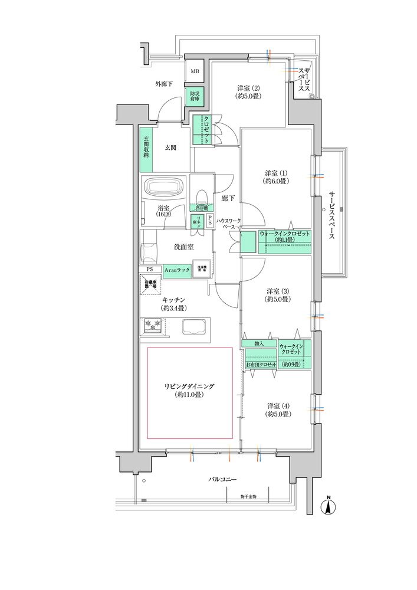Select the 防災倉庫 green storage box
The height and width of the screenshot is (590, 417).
click(x=194, y=96)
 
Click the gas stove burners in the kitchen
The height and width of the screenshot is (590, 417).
click(x=153, y=326)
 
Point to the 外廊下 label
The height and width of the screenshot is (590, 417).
click(x=163, y=84)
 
